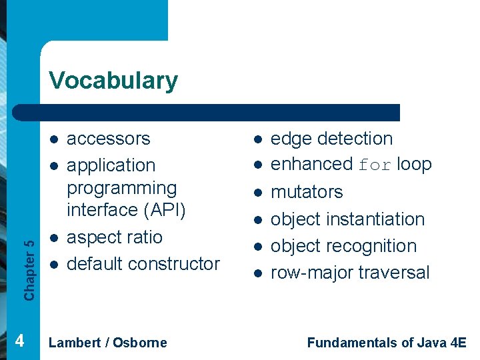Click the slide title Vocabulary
click(113, 81)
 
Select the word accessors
click(109, 139)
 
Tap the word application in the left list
click(111, 165)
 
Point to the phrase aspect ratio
click(115, 237)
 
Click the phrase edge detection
click(331, 139)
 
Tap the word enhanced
click(311, 164)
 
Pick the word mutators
click(307, 192)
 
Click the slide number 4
click(20, 341)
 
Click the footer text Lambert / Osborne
click(108, 343)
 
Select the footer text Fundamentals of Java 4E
click(387, 343)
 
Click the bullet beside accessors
click(53, 139)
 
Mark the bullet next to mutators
click(257, 193)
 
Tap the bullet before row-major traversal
click(257, 273)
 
